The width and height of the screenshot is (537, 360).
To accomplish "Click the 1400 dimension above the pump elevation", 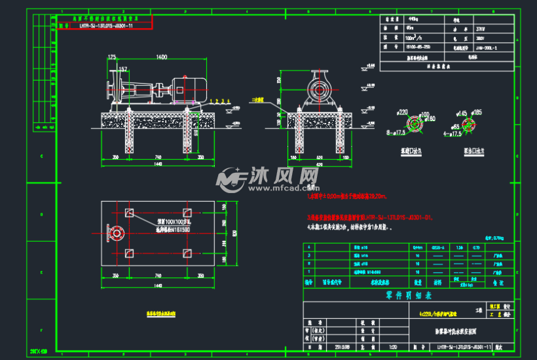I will tap(157, 58).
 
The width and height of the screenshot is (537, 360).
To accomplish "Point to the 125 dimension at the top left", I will tap(111, 58).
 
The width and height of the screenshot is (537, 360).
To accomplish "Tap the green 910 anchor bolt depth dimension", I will tap(195, 134).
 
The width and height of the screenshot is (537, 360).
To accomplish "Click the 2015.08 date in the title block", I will tap(342, 348).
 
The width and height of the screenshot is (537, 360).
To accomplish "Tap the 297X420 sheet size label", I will tap(40, 352).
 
